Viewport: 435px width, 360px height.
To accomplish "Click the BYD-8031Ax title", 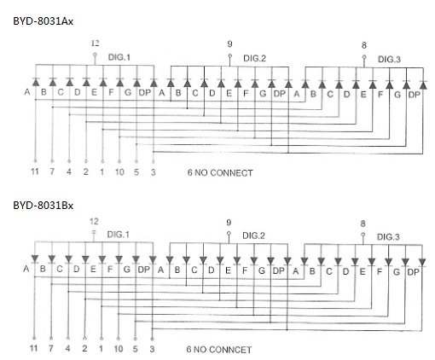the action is click(43, 21).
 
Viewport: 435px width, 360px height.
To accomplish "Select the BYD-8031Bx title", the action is click(43, 206).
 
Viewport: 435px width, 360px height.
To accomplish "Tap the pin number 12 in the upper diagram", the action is click(95, 44).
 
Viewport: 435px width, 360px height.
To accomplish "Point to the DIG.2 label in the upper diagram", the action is click(254, 58).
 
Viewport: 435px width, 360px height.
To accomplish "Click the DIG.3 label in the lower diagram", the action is click(388, 237).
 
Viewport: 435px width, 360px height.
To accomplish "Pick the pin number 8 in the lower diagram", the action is click(362, 224).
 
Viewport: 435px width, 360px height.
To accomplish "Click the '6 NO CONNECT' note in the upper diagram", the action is click(220, 172).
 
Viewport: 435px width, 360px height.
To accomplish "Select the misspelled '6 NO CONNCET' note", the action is click(219, 350).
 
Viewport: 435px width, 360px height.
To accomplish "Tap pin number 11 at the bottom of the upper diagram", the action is click(35, 171).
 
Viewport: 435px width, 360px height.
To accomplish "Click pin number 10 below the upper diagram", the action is click(119, 171).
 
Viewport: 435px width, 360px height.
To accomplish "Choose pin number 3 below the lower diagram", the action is click(152, 349).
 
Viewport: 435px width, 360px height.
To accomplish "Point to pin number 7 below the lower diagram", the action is click(51, 348).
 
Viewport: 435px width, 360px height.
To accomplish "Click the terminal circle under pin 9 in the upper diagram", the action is click(230, 55).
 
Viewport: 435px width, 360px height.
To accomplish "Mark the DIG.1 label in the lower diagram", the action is click(118, 235).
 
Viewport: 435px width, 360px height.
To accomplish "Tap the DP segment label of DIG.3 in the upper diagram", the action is click(414, 95).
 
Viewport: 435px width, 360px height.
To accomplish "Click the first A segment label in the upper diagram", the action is click(27, 92).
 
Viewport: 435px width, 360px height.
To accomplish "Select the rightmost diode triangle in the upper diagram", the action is click(423, 85).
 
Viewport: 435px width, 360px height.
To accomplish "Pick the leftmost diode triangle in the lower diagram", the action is click(35, 258).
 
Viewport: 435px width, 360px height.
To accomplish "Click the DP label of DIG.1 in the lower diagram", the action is click(143, 270).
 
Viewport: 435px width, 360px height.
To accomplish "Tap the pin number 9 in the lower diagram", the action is click(229, 223).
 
